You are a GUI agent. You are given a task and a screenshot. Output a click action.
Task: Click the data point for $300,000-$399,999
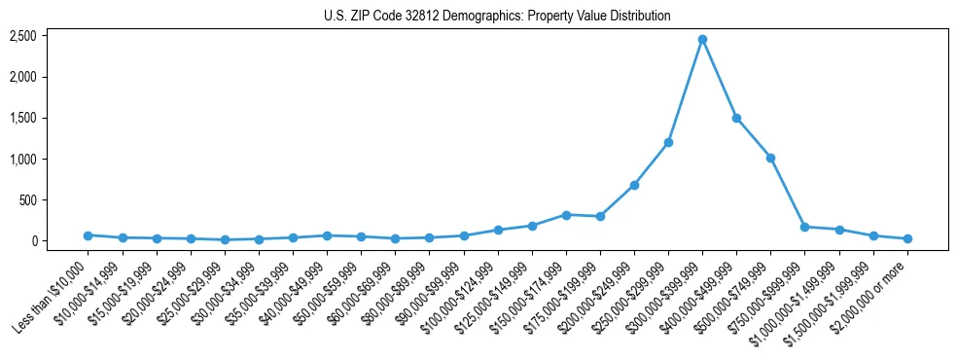[702, 39]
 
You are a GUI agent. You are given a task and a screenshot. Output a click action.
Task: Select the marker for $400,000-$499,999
[736, 118]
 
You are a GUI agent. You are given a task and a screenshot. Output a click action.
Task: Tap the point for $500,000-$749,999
[770, 158]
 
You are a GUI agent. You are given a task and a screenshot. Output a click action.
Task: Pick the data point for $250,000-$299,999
[668, 142]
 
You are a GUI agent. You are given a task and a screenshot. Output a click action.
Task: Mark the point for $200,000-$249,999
[634, 185]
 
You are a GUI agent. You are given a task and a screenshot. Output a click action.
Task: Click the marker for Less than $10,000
[88, 235]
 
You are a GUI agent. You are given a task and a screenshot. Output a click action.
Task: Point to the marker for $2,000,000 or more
[907, 238]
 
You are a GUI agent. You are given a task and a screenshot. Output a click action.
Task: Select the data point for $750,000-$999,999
[804, 227]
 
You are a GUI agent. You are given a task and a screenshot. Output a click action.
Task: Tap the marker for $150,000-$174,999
[566, 215]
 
